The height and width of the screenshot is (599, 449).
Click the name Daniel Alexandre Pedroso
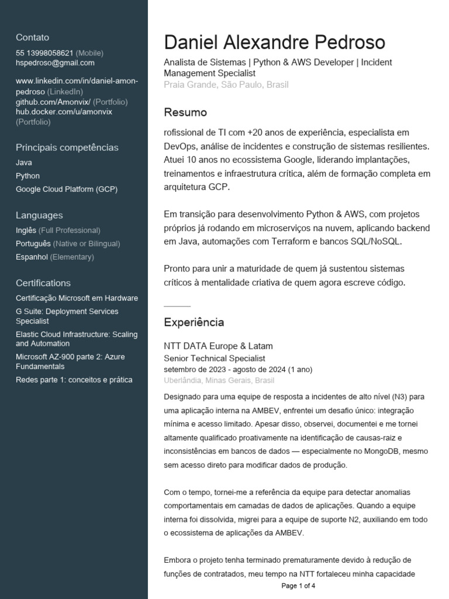click(274, 42)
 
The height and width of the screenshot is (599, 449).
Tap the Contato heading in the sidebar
click(32, 37)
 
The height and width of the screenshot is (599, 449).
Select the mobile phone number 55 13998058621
click(44, 53)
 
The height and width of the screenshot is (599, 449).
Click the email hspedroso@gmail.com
click(55, 63)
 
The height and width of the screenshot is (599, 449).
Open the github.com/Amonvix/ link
click(53, 102)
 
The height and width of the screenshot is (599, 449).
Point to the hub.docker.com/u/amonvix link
click(64, 112)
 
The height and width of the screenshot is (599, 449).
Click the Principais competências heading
click(67, 147)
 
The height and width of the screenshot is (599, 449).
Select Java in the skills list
click(24, 163)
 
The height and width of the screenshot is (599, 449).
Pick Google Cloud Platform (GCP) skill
click(67, 190)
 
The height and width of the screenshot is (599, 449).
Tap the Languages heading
click(39, 215)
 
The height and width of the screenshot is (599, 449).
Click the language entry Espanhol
click(32, 257)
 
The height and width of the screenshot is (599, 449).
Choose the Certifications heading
click(43, 283)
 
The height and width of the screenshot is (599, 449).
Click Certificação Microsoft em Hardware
click(77, 298)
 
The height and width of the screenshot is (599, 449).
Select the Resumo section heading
click(185, 112)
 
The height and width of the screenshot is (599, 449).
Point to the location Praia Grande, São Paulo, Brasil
click(226, 85)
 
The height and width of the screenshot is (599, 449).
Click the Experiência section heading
click(194, 322)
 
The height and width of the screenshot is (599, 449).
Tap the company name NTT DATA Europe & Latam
click(218, 346)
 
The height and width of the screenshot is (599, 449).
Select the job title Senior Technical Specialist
click(214, 358)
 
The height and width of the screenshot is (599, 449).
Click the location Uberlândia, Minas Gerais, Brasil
click(219, 380)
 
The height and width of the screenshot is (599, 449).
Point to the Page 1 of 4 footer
click(298, 586)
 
